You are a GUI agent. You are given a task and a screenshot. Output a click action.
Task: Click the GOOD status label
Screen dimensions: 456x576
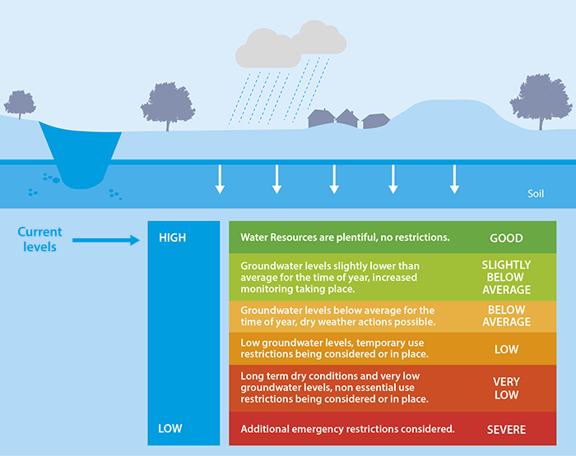(506, 238)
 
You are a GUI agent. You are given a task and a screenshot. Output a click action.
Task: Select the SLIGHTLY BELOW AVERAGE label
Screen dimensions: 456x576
(506, 278)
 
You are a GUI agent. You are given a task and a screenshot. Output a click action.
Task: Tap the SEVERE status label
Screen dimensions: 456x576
(506, 430)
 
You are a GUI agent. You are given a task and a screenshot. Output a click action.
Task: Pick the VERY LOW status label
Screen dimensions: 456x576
(506, 389)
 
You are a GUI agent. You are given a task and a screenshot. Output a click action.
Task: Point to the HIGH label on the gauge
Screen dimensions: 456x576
(172, 238)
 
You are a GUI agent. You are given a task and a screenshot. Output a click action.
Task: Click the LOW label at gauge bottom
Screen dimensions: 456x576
(170, 429)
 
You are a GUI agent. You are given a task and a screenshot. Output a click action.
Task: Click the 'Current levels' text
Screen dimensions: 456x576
(40, 239)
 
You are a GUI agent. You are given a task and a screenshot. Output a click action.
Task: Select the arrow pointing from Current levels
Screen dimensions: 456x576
(107, 240)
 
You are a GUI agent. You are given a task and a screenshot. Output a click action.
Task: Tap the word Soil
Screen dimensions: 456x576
(536, 195)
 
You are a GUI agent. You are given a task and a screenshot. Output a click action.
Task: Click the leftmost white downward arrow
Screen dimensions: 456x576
(220, 179)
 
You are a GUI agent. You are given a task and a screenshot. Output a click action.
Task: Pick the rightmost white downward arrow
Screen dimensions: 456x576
(454, 179)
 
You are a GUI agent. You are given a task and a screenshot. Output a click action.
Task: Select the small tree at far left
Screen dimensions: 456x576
(20, 104)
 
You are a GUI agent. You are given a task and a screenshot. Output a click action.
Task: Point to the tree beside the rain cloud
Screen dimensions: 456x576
(168, 105)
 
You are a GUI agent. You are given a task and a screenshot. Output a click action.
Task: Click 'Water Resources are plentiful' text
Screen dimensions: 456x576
(345, 238)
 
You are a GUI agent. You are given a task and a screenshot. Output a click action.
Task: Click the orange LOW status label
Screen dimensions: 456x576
(506, 349)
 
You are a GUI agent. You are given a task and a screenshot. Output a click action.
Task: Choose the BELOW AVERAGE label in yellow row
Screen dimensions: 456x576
(506, 316)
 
